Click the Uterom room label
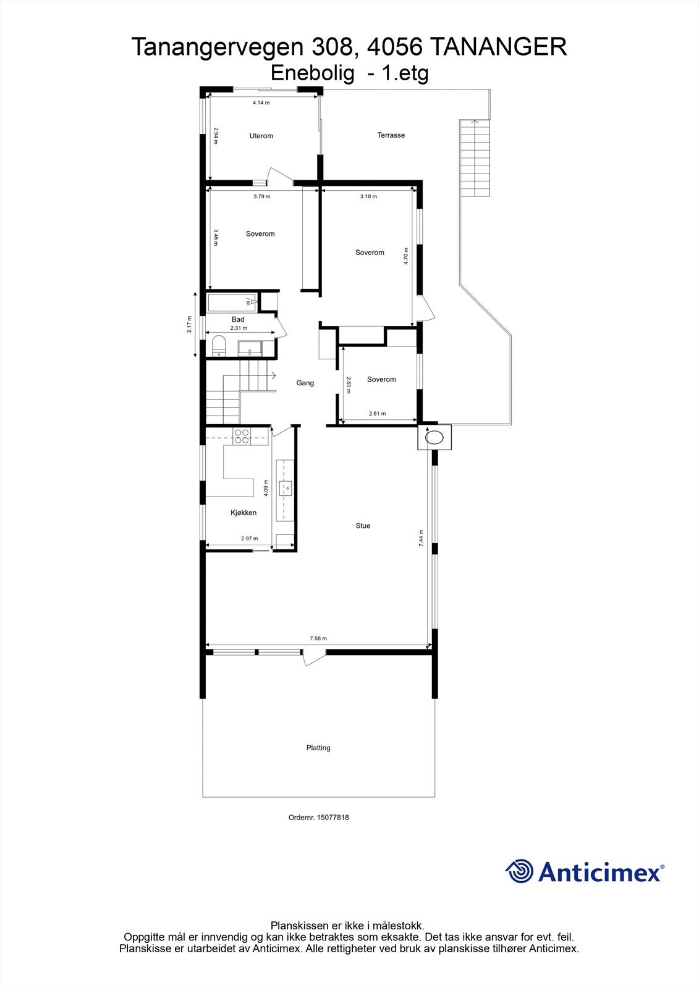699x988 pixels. [x=261, y=136]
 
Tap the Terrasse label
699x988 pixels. [x=391, y=135]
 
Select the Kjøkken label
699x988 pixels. [x=244, y=513]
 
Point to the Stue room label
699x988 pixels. [x=363, y=526]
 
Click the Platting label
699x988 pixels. [x=318, y=748]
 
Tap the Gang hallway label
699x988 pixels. [x=305, y=383]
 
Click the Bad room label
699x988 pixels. [x=238, y=319]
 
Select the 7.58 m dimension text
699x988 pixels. [x=318, y=638]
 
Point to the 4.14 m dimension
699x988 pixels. [x=261, y=103]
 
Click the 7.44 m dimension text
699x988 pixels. [x=421, y=538]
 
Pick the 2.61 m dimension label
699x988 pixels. [x=377, y=414]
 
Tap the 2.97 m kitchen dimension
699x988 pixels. [x=249, y=538]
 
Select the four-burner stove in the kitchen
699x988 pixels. [x=241, y=437]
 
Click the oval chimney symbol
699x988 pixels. [x=435, y=438]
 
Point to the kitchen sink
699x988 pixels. [x=286, y=488]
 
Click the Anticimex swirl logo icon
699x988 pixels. [x=519, y=871]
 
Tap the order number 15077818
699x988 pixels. [x=333, y=818]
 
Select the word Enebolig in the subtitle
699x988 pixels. [x=313, y=73]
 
